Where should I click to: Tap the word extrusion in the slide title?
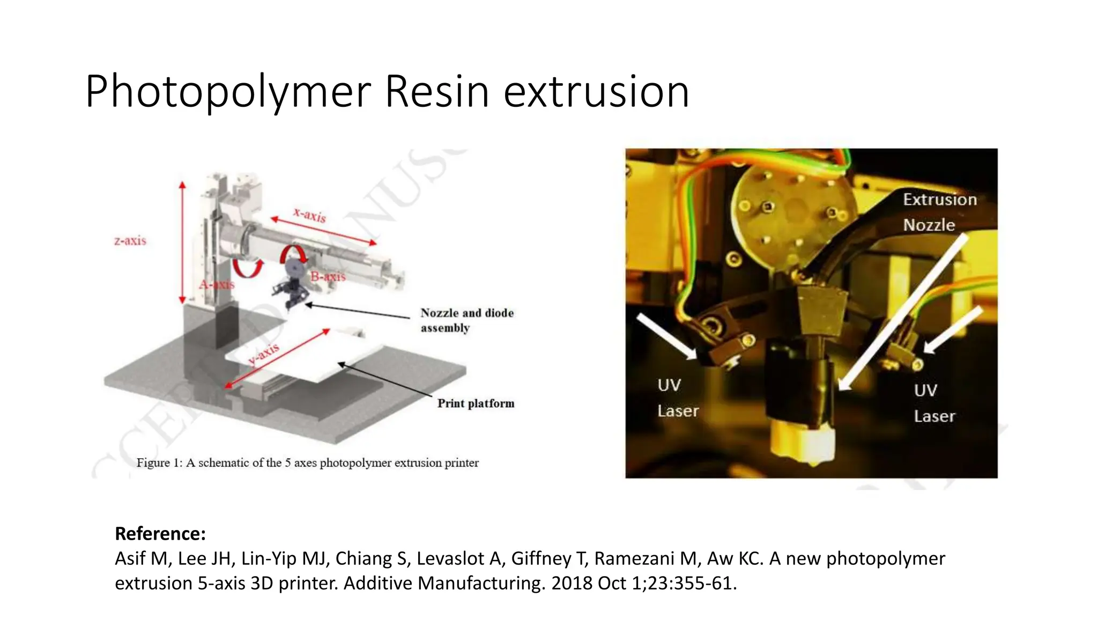click(596, 92)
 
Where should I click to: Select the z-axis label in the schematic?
click(130, 241)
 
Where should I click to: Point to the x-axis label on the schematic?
click(310, 215)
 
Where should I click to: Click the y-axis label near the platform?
click(264, 354)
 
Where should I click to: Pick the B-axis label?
click(328, 277)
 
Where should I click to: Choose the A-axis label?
click(217, 284)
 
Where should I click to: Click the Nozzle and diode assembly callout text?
click(466, 320)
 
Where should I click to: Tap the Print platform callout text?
click(476, 403)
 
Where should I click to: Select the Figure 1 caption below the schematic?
click(307, 462)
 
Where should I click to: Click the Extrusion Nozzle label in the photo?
click(939, 212)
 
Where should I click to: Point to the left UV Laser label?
click(677, 398)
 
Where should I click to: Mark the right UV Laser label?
click(934, 403)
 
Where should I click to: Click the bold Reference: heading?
click(160, 534)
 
